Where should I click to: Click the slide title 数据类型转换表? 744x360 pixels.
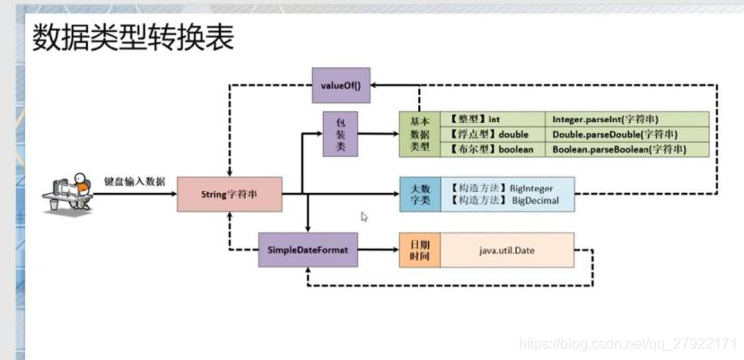134,38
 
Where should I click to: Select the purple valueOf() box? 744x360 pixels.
341,85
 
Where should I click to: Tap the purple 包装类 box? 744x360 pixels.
340,134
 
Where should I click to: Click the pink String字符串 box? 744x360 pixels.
230,194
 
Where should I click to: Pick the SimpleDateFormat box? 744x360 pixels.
308,250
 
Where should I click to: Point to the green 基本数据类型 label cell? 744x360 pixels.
419,135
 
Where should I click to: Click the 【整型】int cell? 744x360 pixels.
493,119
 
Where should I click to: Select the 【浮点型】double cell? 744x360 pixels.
493,135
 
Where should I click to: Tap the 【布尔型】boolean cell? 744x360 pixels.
493,149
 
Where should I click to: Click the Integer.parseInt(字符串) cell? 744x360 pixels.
627,119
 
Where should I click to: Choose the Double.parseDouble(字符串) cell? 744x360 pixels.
627,135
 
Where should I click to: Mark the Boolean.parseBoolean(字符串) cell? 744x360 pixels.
627,149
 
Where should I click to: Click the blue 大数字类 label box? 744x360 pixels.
420,194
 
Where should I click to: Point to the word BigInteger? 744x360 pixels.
531,189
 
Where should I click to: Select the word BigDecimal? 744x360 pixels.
535,200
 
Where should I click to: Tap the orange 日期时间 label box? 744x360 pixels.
419,250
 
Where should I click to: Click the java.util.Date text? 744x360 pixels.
507,250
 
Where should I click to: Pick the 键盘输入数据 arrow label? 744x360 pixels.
135,181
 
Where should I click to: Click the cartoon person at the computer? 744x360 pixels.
67,193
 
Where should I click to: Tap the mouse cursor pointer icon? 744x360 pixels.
364,217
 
